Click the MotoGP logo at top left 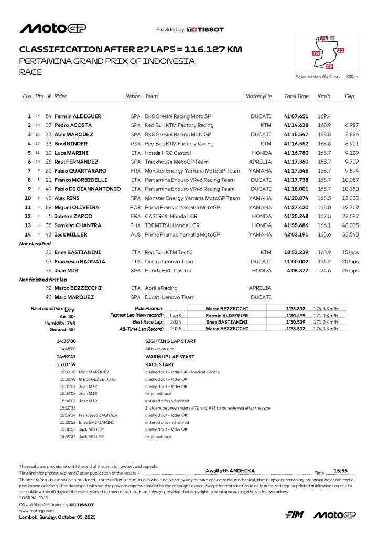[x=52, y=28]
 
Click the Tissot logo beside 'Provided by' [x=205, y=30]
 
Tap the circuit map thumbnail [x=327, y=53]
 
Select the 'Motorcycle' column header [x=258, y=96]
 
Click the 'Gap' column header [x=349, y=96]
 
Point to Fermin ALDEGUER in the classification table [x=78, y=116]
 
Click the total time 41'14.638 [x=296, y=125]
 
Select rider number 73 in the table [x=49, y=134]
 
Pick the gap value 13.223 [x=350, y=198]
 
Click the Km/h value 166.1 [x=323, y=225]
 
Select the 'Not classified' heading [x=35, y=244]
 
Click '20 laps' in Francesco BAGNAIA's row [x=350, y=261]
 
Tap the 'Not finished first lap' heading [x=43, y=280]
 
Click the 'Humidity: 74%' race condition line [x=60, y=323]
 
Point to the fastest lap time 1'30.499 [x=296, y=315]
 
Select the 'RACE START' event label [x=159, y=364]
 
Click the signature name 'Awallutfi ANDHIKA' [x=230, y=471]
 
